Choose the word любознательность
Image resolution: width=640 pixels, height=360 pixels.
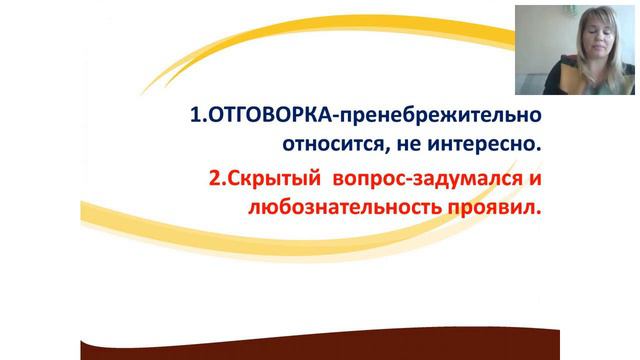tap(331, 210)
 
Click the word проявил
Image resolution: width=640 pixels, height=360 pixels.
tap(490, 210)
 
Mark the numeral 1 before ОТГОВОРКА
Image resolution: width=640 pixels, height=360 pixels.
tap(193, 114)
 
